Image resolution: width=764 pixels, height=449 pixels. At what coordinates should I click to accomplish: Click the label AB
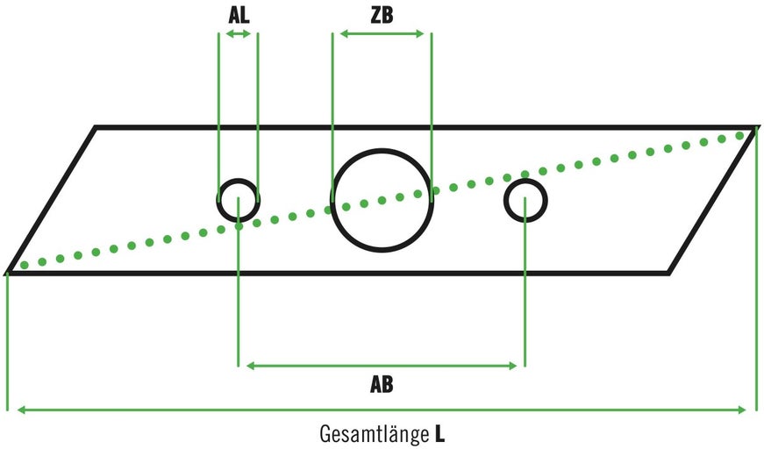point(382,384)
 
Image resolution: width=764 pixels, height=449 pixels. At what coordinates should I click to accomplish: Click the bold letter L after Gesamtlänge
point(439,433)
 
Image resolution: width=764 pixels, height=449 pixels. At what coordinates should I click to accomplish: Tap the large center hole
point(382,201)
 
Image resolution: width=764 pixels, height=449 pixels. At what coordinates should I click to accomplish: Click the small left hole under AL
point(238,201)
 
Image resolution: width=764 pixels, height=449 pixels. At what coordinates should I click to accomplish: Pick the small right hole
point(525,201)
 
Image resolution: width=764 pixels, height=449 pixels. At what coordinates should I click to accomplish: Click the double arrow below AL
point(238,34)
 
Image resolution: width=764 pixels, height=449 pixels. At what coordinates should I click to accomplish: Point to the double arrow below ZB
point(382,34)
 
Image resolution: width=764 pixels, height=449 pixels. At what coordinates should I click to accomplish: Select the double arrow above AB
point(382,365)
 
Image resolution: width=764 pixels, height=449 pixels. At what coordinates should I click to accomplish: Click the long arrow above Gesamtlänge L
point(382,409)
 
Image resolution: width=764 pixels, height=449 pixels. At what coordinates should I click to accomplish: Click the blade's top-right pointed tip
point(754,128)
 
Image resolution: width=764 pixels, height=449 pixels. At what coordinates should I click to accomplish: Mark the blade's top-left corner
point(96,128)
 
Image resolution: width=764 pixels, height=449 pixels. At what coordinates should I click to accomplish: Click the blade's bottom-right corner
point(668,273)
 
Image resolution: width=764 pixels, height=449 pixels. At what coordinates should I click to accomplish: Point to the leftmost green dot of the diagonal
point(24,264)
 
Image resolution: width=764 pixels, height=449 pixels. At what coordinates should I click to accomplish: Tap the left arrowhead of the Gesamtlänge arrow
point(14,409)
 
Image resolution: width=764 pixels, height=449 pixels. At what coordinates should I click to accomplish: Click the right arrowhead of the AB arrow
point(518,365)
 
